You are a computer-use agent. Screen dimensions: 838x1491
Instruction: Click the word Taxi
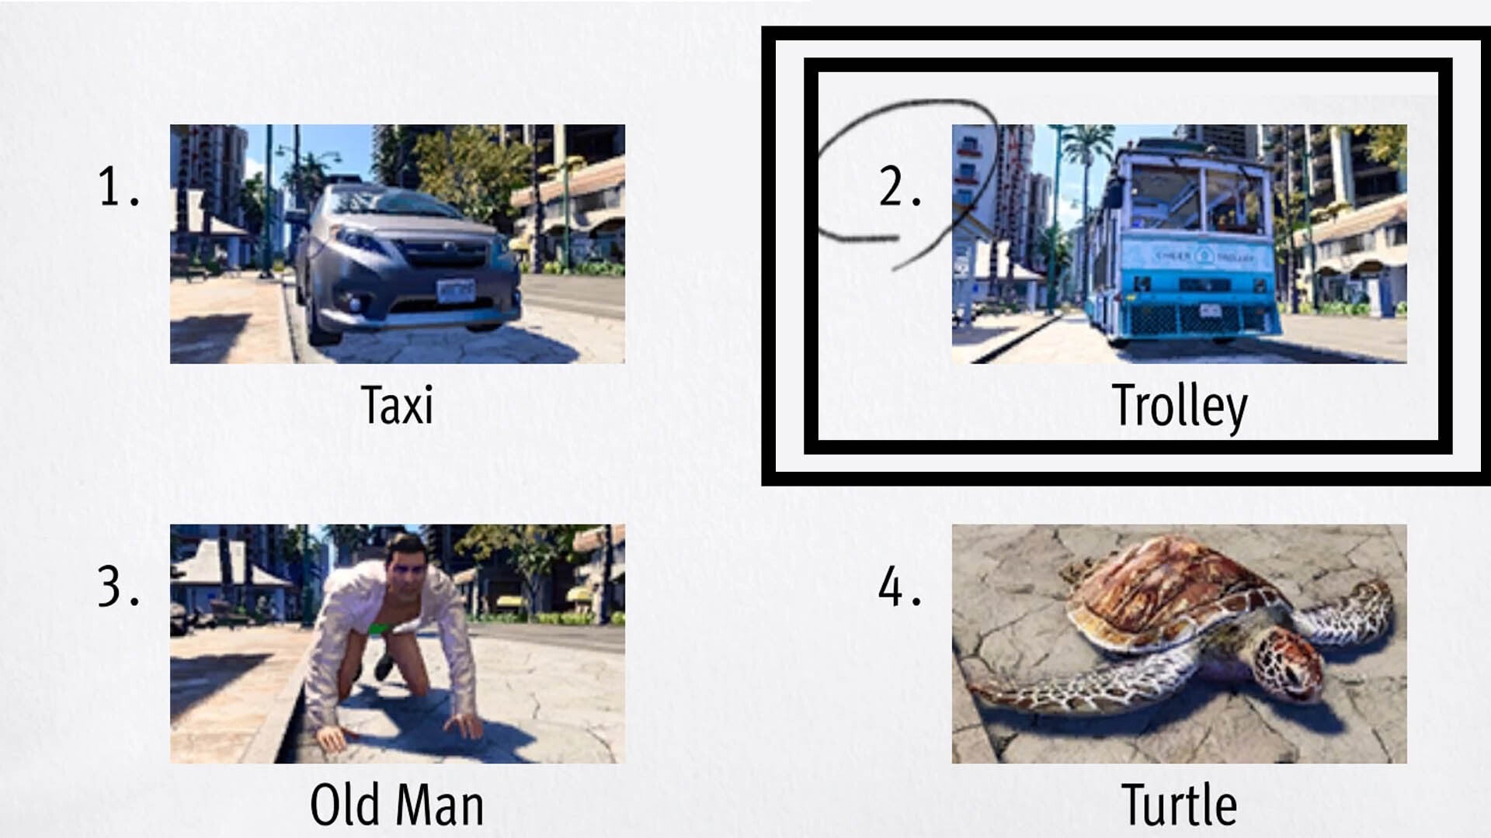(x=397, y=406)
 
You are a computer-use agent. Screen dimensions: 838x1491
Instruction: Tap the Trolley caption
(x=1179, y=406)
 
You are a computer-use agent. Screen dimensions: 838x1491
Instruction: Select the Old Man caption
(x=397, y=805)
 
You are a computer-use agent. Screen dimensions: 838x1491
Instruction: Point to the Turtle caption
(x=1179, y=805)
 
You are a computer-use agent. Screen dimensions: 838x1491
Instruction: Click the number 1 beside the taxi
(x=116, y=188)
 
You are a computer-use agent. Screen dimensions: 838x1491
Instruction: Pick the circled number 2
(x=898, y=188)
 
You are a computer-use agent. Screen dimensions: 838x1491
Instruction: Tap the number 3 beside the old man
(x=116, y=587)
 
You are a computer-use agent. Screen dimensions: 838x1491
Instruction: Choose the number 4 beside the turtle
(x=898, y=587)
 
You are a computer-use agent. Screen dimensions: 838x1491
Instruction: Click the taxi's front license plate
(x=455, y=290)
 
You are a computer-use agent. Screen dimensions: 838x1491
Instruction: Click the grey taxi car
(x=404, y=264)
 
